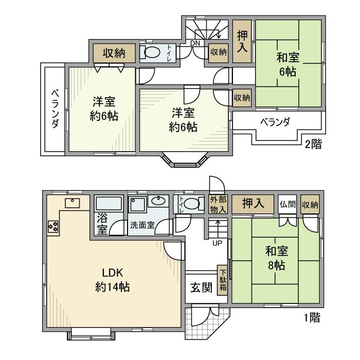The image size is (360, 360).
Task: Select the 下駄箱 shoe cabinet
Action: click(223, 280)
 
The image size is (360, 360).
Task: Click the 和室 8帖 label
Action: click(276, 259)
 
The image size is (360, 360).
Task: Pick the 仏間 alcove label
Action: click(287, 204)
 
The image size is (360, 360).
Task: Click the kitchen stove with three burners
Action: click(53, 225)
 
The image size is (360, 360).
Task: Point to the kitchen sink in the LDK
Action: click(72, 202)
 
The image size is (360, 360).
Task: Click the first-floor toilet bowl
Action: click(192, 204)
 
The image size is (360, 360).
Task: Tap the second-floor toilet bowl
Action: click(151, 53)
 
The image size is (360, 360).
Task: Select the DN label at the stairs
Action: click(195, 43)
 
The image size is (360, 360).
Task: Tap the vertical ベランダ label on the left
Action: click(54, 109)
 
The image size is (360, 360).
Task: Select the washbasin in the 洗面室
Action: click(158, 201)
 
